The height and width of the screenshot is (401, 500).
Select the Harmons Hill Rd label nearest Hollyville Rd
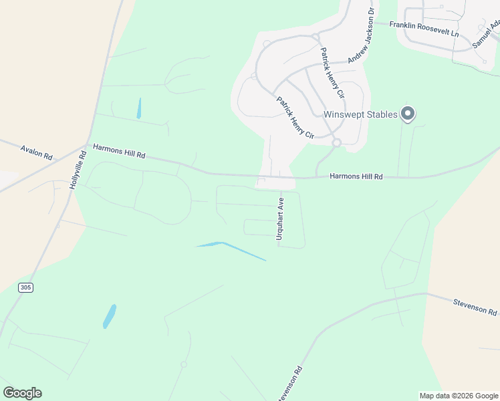[119, 150]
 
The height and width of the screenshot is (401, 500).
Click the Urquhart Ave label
[281, 218]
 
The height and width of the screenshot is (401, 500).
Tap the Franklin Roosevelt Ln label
[425, 28]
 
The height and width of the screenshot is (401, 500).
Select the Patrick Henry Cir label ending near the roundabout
[295, 117]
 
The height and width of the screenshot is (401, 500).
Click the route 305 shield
[26, 287]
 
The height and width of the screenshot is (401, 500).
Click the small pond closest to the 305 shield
[109, 316]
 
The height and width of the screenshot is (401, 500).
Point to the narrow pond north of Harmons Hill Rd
[139, 108]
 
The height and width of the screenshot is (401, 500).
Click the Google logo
[22, 392]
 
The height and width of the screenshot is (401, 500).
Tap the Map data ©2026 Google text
[459, 396]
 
